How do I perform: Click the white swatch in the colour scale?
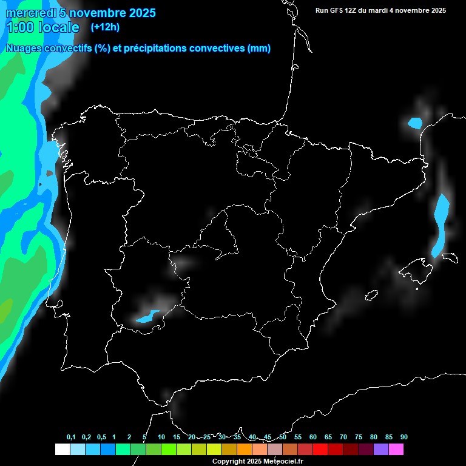(62, 449)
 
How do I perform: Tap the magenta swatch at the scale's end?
(396, 449)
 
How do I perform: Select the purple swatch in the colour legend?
(381, 449)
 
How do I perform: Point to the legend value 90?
(404, 437)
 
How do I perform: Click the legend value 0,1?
(71, 437)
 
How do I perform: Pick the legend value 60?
(313, 437)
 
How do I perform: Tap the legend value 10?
(161, 437)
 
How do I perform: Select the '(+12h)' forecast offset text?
(105, 27)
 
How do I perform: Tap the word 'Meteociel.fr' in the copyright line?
(283, 461)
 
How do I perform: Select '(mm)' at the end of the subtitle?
(259, 49)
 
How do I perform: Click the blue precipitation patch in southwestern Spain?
(147, 316)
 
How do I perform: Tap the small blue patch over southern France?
(415, 123)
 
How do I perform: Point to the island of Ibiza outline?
(371, 295)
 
